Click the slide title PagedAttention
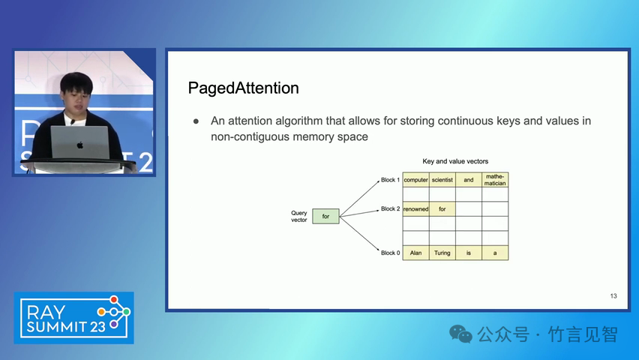tap(243, 88)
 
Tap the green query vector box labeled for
tap(325, 216)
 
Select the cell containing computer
tap(415, 180)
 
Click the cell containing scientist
tap(442, 180)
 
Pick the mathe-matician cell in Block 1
tap(495, 180)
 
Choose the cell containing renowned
tap(415, 209)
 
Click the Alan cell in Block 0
tap(415, 253)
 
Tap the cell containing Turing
tap(442, 253)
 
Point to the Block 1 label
tap(391, 180)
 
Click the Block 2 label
tap(391, 208)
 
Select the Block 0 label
tap(391, 253)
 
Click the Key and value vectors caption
tap(455, 161)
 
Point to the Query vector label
tap(298, 216)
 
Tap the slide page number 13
tap(613, 296)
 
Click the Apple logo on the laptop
tap(80, 145)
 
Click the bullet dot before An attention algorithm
tap(196, 121)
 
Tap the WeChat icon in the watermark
tap(460, 334)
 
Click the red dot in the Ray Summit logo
tap(114, 300)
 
